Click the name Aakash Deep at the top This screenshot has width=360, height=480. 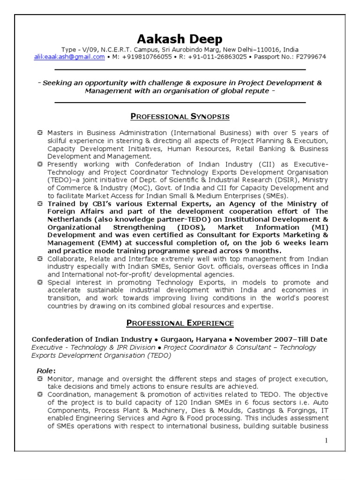[x=180, y=38]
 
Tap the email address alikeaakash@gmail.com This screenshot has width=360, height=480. [x=69, y=57]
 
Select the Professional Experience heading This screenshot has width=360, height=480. [x=180, y=323]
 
